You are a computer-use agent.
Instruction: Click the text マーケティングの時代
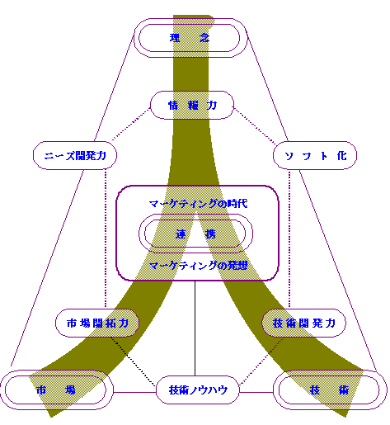(x=198, y=204)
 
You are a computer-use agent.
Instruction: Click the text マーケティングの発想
(x=198, y=266)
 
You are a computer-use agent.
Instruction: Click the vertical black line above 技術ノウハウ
(x=195, y=328)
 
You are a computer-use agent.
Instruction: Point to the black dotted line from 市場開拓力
(x=133, y=361)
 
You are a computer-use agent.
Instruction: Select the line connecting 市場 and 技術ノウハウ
(x=134, y=392)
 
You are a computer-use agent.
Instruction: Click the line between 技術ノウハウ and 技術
(x=256, y=392)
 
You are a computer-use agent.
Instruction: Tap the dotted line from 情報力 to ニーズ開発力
(x=131, y=125)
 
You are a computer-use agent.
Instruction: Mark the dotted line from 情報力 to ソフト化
(x=255, y=126)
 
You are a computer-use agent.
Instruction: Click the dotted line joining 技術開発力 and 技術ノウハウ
(x=261, y=361)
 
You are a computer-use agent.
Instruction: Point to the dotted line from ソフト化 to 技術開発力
(x=289, y=238)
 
